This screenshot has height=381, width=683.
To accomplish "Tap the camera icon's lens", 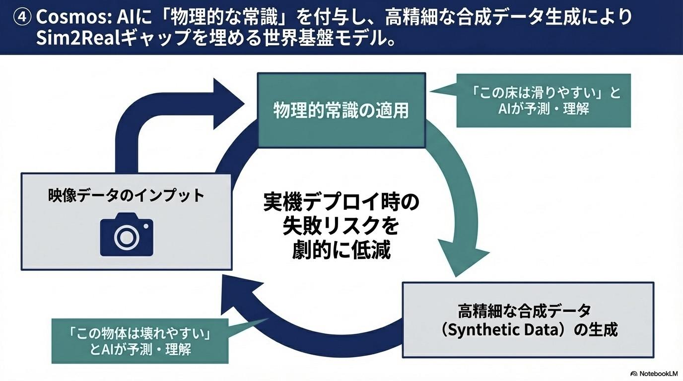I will (127, 237).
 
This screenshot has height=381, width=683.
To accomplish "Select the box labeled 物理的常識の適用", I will (341, 110).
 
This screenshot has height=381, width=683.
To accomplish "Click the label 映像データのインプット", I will (127, 195).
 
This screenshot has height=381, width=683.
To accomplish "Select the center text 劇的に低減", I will (341, 250).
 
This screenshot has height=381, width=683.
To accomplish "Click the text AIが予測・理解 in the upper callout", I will (544, 109).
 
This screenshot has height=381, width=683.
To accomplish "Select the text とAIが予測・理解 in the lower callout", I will (140, 349).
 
